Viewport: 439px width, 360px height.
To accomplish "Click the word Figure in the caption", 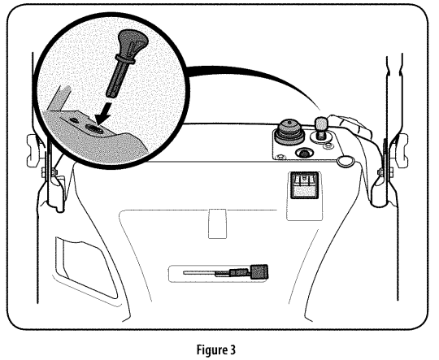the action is (x=211, y=349).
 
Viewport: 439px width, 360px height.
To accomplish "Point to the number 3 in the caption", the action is (x=233, y=349).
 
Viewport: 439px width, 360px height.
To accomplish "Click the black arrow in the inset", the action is (x=103, y=114).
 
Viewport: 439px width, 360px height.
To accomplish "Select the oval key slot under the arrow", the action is (x=93, y=128).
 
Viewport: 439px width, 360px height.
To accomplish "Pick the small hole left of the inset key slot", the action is (x=74, y=119).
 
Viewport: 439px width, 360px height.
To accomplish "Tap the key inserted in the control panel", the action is (x=322, y=128).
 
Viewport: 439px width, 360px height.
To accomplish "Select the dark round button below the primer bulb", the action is (x=304, y=153).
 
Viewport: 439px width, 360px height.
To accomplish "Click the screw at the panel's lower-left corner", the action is (x=279, y=157).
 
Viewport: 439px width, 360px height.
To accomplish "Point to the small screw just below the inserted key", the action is (x=327, y=146).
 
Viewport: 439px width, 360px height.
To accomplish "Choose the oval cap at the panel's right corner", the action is (x=346, y=161).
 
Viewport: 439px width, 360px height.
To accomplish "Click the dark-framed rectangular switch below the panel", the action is (x=305, y=185).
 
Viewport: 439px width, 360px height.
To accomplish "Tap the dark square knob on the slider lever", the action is (x=259, y=271).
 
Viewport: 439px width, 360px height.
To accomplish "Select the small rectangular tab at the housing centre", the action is (x=218, y=223).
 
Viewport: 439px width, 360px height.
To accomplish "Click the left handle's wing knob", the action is (x=33, y=151).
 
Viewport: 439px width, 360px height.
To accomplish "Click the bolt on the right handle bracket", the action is (x=381, y=171).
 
